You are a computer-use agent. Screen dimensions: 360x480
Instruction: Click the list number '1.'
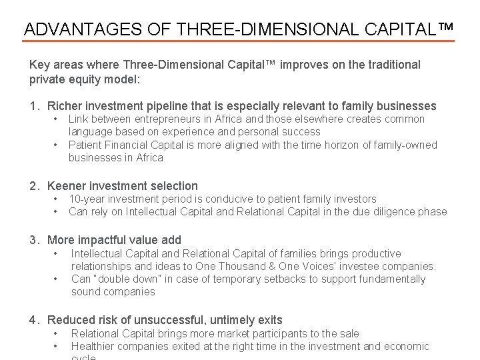(35, 106)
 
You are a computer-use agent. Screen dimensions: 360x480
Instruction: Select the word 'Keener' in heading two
(65, 186)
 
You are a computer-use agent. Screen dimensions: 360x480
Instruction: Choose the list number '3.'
(35, 240)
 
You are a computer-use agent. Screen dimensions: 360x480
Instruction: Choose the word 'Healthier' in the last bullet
(93, 346)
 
